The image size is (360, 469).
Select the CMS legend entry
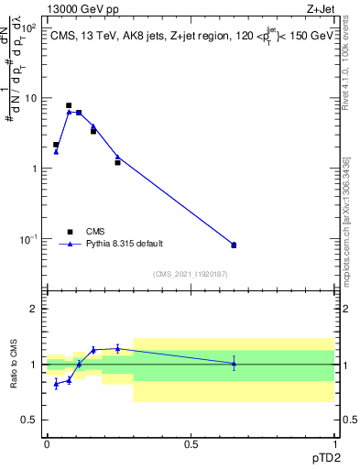coord(95,232)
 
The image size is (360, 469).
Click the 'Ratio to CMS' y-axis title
coord(14,364)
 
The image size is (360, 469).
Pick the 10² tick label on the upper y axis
coord(29,27)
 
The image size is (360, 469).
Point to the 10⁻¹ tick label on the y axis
coord(29,239)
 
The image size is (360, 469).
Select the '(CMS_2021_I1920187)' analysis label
coord(190,273)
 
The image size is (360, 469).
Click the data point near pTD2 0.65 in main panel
coord(234,245)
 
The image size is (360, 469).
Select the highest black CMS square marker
coord(69,105)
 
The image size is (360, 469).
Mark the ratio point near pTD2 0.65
coord(234,364)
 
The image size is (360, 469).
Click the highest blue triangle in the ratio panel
coord(117,348)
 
